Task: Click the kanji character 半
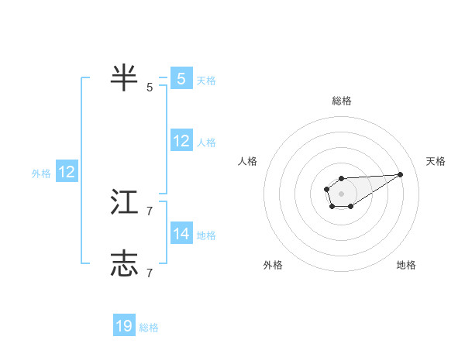[124, 78]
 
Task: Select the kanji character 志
[124, 264]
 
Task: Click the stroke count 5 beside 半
[150, 88]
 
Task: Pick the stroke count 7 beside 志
[150, 273]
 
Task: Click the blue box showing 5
[181, 79]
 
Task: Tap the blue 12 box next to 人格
[181, 140]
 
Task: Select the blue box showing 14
[181, 233]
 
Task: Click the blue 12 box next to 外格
[67, 172]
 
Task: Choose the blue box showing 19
[124, 326]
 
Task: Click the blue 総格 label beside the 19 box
[149, 328]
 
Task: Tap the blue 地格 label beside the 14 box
[206, 235]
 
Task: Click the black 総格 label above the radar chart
[341, 101]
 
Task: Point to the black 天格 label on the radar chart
[436, 161]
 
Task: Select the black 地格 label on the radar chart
[406, 265]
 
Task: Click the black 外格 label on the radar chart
[273, 265]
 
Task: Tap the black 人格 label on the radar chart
[248, 161]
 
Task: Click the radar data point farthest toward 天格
[401, 174]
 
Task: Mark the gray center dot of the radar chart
[341, 193]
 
